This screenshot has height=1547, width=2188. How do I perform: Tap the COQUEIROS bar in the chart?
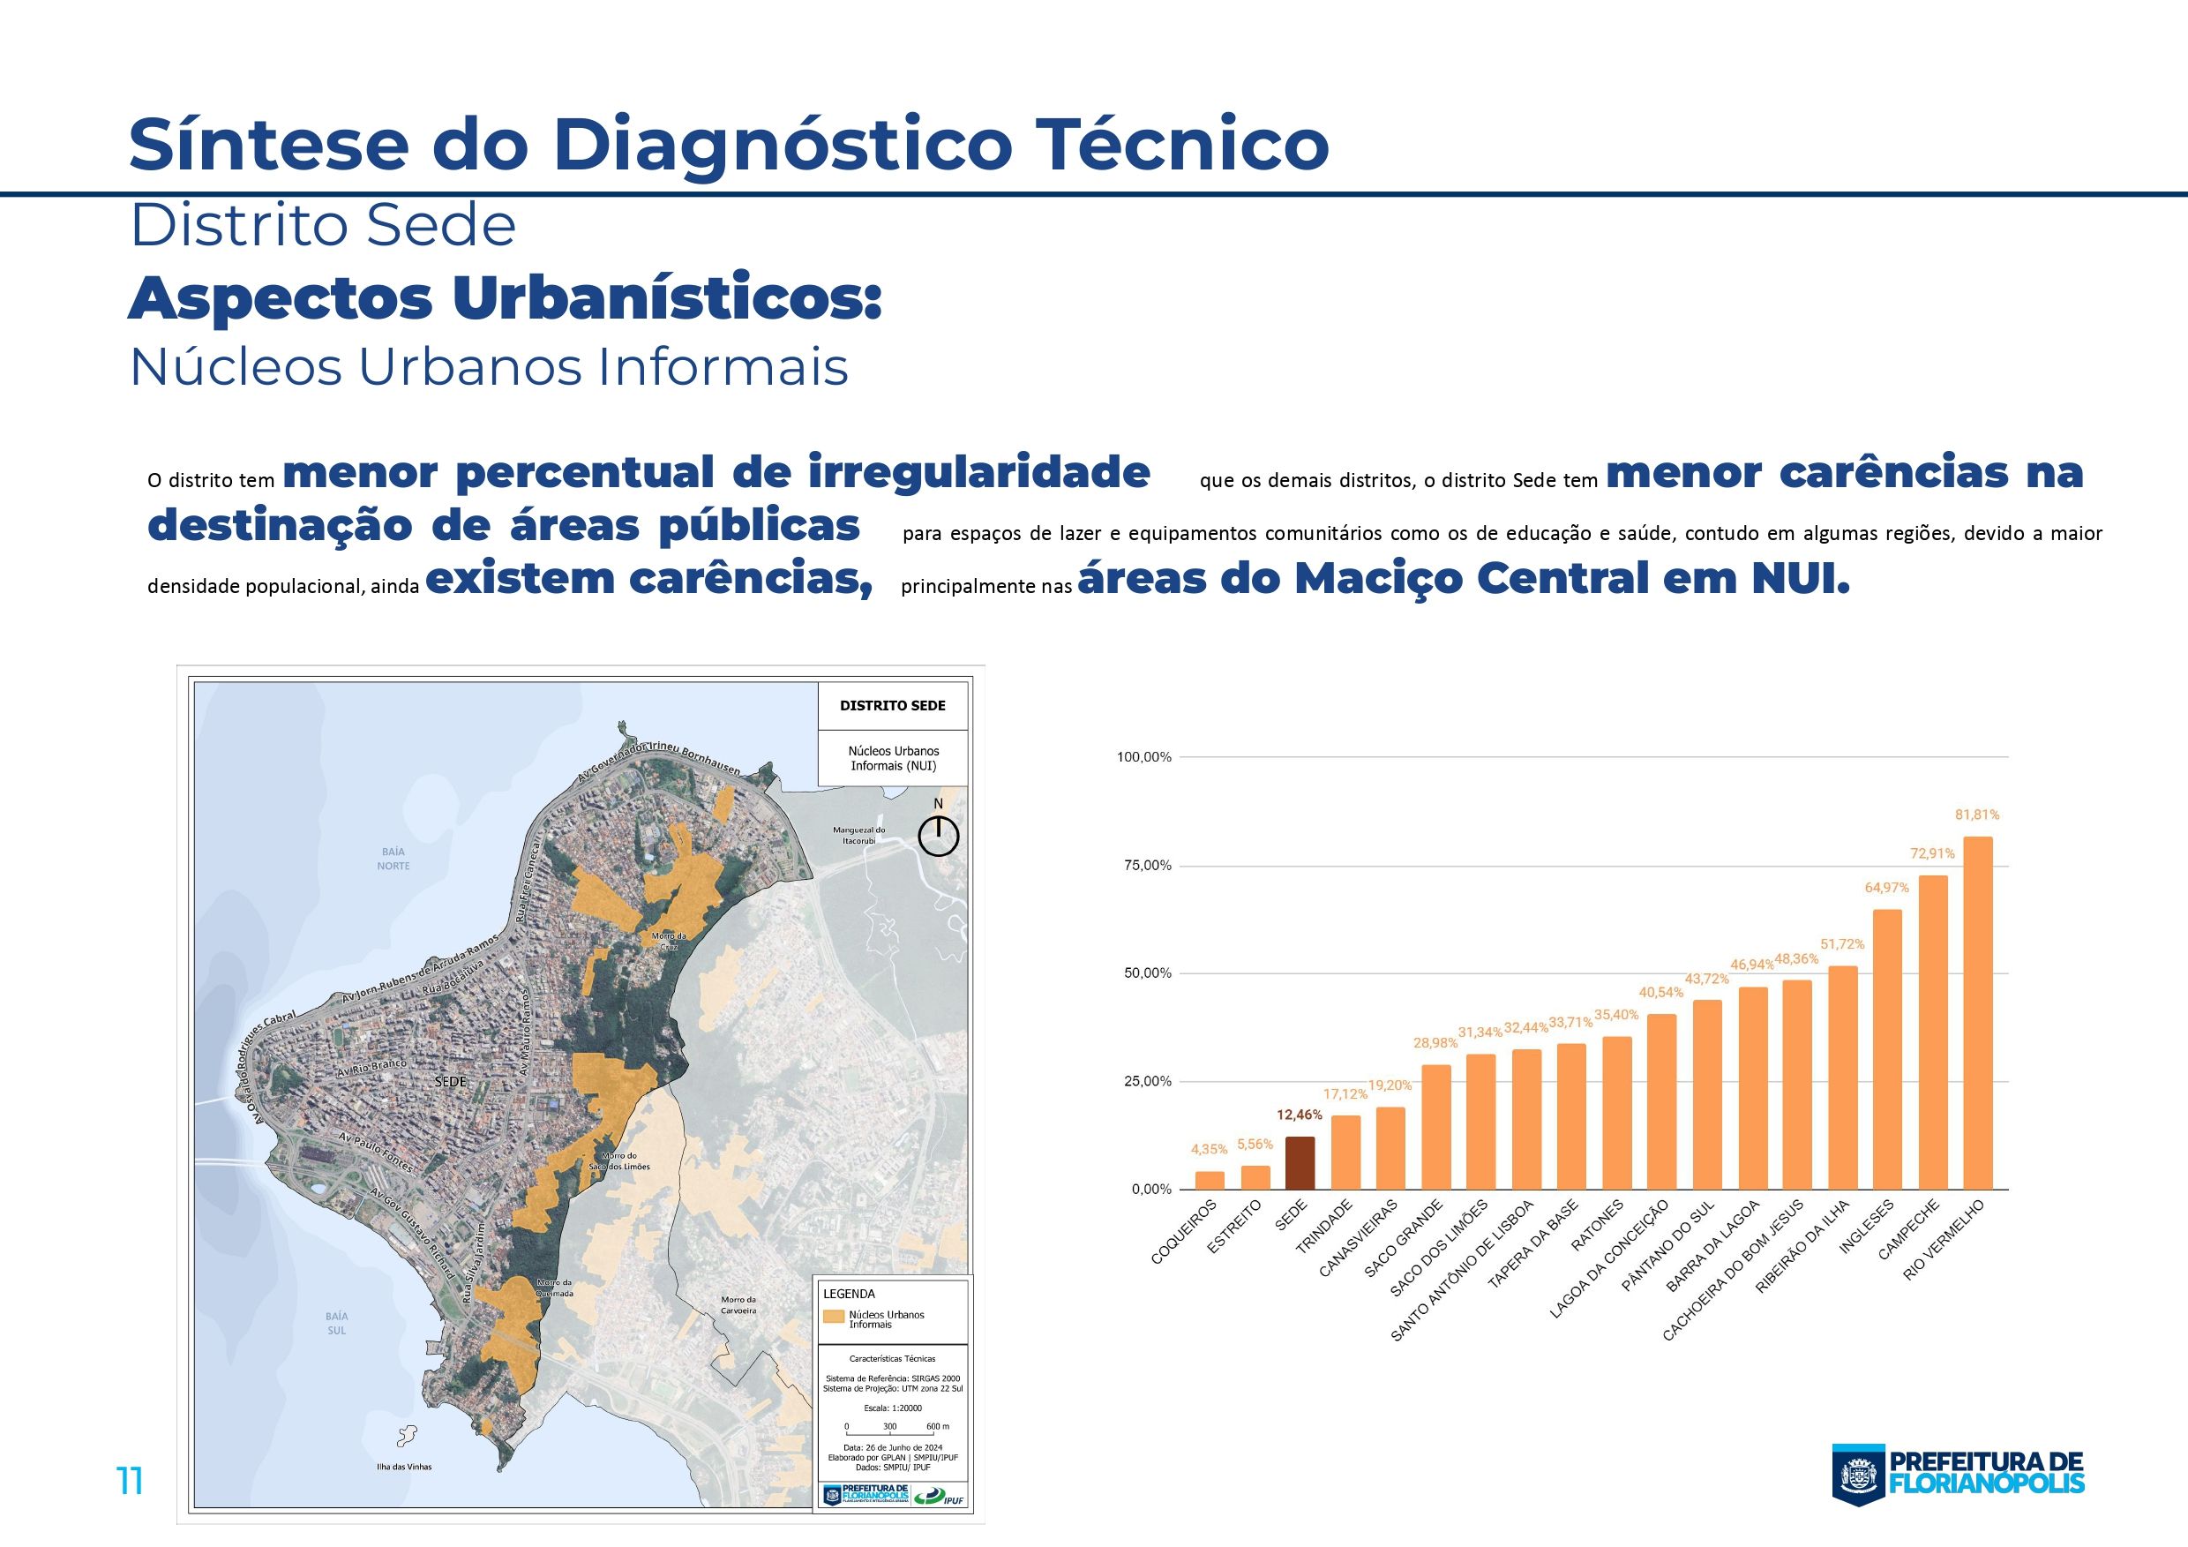pos(1210,1180)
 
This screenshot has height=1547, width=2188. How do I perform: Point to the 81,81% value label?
pos(1977,815)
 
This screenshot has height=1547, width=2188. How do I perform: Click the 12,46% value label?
pos(1300,1115)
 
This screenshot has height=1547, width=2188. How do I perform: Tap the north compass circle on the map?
pos(939,836)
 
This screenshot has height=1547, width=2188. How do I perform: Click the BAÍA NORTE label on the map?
pos(393,859)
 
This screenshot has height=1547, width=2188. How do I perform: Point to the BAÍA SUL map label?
pos(336,1323)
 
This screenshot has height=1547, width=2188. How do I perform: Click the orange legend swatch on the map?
pos(835,1317)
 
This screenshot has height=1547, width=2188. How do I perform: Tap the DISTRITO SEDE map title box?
pos(892,706)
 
